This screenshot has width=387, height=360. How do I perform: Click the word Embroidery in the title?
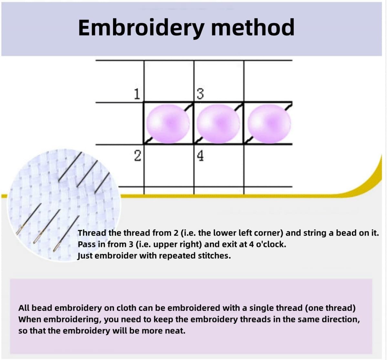tap(141, 28)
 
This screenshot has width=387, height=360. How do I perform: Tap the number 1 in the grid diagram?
tap(137, 94)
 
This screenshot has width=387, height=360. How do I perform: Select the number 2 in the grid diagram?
tap(138, 156)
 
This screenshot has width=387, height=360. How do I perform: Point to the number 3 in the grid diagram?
tap(200, 94)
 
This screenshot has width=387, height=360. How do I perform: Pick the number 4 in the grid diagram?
tap(200, 156)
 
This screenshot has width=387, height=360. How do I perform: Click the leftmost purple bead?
tap(168, 123)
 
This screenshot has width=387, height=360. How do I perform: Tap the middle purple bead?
tap(218, 123)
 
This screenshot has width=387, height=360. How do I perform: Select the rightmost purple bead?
tap(269, 123)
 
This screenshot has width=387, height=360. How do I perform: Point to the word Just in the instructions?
tap(85, 256)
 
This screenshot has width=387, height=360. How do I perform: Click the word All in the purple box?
tap(24, 308)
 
